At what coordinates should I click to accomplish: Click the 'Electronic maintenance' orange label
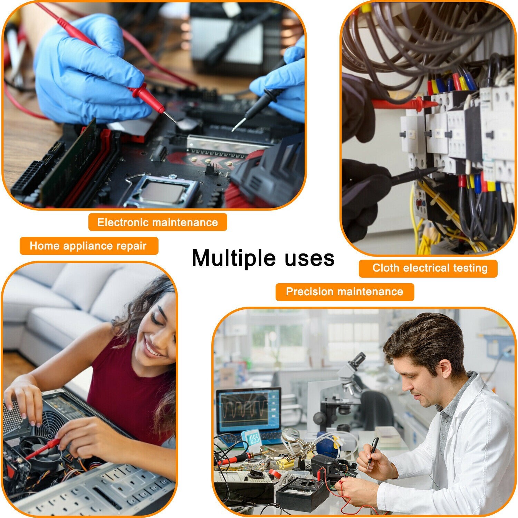(x=157, y=222)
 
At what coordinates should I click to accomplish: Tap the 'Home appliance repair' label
(x=89, y=246)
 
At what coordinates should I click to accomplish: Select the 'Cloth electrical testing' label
(x=428, y=268)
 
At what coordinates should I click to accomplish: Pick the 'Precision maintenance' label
(x=345, y=292)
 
